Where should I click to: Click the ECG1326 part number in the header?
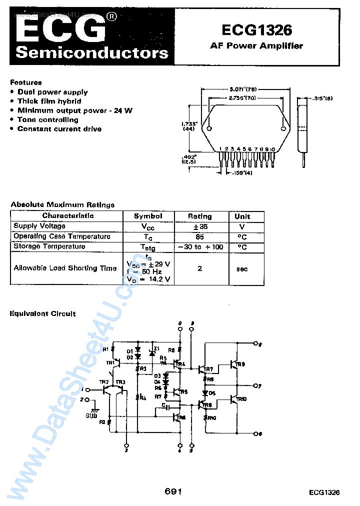[x=256, y=30]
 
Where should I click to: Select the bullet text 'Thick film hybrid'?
[x=49, y=101]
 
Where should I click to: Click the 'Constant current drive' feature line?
[x=59, y=128]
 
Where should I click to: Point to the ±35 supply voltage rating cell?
[x=199, y=226]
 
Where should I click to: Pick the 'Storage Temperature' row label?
[x=49, y=246]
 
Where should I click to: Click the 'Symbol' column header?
[x=148, y=216]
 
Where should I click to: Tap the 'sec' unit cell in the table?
[x=242, y=268]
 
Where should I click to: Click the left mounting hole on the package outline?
[x=209, y=129]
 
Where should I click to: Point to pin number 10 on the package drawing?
[x=272, y=149]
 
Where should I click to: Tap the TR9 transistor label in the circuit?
[x=240, y=364]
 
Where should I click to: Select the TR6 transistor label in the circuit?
[x=181, y=417]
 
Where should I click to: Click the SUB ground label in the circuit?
[x=91, y=415]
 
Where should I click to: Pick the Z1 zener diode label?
[x=156, y=348]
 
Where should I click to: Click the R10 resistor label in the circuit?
[x=211, y=417]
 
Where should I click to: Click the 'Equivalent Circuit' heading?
[x=43, y=313]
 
